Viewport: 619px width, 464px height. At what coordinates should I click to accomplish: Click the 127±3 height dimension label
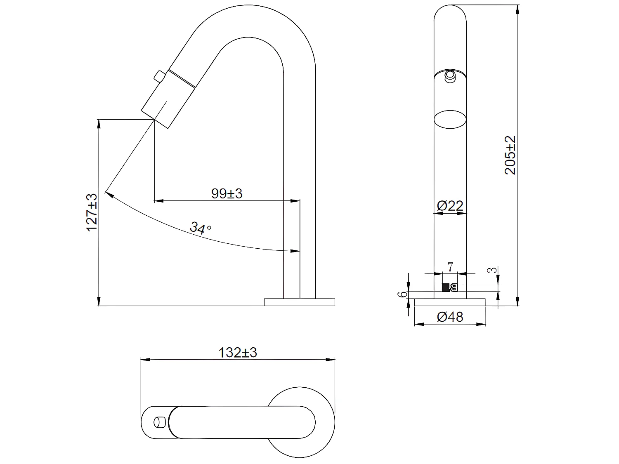92,212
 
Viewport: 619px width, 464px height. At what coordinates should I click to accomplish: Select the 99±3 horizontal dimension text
227,193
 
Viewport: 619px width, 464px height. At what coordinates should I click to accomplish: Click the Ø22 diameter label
450,205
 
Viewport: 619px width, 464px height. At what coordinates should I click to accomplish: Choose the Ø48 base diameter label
450,317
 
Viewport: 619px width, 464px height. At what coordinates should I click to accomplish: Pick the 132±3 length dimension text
237,353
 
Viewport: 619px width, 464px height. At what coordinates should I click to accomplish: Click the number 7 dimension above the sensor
450,267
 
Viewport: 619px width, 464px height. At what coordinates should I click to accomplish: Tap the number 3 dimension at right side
491,270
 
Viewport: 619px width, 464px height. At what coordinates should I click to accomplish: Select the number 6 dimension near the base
399,294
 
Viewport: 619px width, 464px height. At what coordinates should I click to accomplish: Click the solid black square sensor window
446,287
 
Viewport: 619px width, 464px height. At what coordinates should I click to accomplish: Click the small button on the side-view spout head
159,76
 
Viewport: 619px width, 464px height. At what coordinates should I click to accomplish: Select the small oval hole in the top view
158,422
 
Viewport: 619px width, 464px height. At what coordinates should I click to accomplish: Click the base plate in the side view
299,302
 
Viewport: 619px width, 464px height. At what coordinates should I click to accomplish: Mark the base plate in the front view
450,302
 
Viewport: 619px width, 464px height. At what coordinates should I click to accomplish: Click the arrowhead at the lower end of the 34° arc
295,251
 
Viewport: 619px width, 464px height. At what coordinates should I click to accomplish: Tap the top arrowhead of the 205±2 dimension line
517,8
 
